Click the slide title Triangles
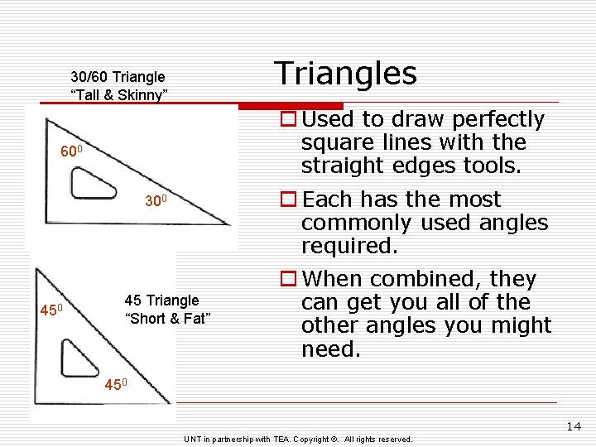[x=346, y=73]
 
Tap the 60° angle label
[x=73, y=153]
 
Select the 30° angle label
[x=156, y=201]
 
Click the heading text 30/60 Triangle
[x=118, y=77]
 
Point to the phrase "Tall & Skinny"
[x=119, y=95]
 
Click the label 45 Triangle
[x=161, y=300]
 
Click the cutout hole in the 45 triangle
[x=80, y=357]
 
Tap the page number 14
[x=574, y=426]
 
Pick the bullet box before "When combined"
[x=288, y=280]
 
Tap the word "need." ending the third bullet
[x=331, y=348]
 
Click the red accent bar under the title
[x=291, y=106]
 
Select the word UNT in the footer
[x=193, y=439]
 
